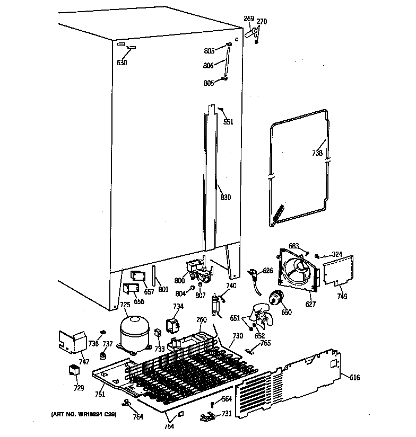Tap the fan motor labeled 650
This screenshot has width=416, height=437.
point(276,299)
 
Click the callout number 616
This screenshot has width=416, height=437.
point(355,377)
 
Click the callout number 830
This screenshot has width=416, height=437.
point(226,198)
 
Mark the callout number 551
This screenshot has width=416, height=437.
point(228,122)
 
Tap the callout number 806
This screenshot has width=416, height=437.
point(208,66)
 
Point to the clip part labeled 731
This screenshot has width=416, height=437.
point(209,417)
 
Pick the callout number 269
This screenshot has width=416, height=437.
point(248,19)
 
